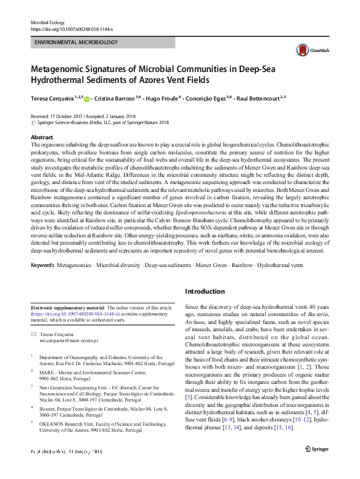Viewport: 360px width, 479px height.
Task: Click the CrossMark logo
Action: (307, 50)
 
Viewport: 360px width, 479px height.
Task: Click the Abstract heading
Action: (42, 138)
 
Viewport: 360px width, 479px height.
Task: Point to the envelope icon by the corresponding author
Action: (34, 335)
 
